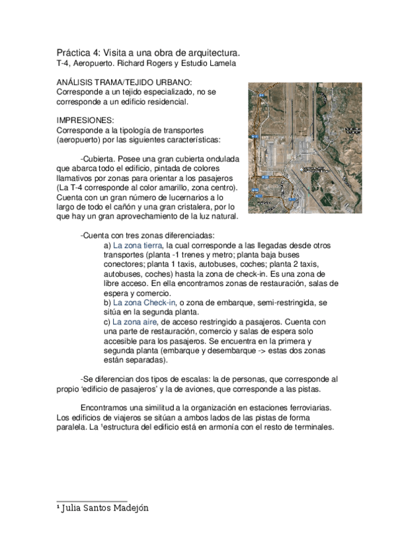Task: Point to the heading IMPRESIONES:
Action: (x=85, y=120)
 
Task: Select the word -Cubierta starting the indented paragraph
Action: (x=97, y=160)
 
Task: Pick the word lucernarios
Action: (x=192, y=198)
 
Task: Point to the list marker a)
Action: (x=108, y=245)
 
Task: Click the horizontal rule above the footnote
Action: (x=91, y=501)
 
